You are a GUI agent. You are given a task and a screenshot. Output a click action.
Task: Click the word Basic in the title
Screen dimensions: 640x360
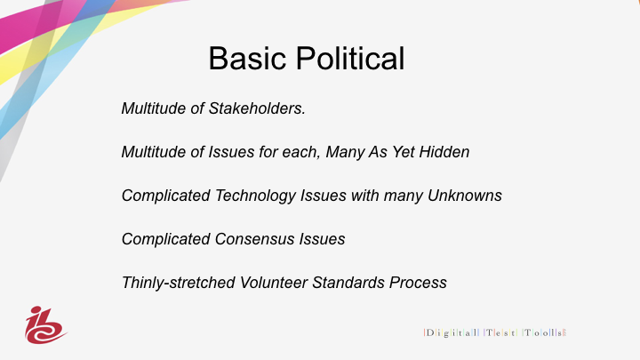coord(247,59)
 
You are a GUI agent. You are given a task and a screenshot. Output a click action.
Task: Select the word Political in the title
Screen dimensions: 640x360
coord(350,59)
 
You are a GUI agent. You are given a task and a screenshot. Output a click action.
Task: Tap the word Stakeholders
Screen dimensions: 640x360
coord(257,108)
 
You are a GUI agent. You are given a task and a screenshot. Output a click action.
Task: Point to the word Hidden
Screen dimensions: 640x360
coord(444,152)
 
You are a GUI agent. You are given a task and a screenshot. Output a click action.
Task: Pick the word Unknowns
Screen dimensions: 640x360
coord(465,196)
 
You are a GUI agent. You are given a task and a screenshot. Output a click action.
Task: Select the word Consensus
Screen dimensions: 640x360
coord(255,239)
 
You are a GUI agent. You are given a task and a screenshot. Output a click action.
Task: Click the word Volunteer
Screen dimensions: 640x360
coord(274,283)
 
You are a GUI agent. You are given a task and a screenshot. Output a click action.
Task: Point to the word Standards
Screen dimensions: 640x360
coord(348,283)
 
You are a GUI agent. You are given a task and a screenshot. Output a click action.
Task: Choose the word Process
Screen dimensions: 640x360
coord(418,283)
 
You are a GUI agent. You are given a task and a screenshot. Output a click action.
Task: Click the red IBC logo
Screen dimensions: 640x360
coord(45,325)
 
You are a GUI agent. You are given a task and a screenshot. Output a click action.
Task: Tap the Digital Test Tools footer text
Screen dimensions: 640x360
coord(495,332)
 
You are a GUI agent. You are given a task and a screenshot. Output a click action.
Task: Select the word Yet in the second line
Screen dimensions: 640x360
coord(404,152)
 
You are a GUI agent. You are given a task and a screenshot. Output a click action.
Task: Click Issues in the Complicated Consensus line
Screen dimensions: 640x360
coord(322,239)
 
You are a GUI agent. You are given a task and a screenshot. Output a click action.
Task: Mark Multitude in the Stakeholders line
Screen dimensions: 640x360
coord(154,108)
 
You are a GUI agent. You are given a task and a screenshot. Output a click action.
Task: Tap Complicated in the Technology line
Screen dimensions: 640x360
coord(166,196)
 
